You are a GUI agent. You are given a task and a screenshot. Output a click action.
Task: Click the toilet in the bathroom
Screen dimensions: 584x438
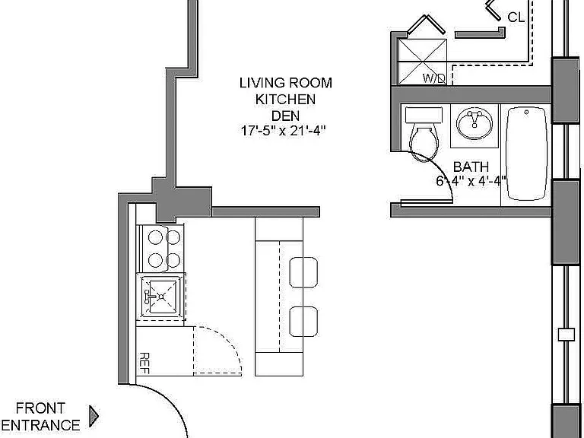point(424,134)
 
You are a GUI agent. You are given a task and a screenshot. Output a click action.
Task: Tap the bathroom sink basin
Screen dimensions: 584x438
point(474,122)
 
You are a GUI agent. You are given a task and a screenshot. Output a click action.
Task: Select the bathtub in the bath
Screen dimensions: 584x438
point(527,154)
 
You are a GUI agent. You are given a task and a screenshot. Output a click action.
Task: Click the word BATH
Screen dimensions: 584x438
point(471,167)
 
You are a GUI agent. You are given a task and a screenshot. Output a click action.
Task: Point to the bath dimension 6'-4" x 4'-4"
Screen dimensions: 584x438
point(471,181)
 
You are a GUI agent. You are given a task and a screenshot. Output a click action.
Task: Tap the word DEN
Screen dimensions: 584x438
point(285,116)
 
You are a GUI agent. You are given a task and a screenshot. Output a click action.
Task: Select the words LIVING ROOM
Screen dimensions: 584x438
point(286,83)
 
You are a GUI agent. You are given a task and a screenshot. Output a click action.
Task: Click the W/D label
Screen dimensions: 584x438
point(434,78)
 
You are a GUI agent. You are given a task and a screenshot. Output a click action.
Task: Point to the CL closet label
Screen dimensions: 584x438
point(516,17)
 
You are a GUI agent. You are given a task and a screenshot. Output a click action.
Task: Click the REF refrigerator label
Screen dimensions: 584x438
point(144,363)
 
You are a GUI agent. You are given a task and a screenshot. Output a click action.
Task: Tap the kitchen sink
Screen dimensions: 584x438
point(161,297)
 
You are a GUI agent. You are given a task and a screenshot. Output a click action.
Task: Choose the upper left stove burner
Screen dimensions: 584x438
point(155,237)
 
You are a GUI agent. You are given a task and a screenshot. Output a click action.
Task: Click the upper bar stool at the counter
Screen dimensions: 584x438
point(303,272)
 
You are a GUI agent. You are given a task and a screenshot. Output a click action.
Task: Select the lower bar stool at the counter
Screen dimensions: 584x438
point(303,322)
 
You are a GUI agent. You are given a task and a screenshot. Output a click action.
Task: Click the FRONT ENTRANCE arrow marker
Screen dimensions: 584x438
point(94,416)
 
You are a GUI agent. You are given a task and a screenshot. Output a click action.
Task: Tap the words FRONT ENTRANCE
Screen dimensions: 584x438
point(40,417)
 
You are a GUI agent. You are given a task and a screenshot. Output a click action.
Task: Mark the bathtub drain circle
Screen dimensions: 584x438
point(527,112)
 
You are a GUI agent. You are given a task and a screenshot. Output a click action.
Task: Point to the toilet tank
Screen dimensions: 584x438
point(424,115)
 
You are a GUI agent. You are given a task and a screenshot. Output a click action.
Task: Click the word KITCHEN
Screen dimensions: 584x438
point(286,100)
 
